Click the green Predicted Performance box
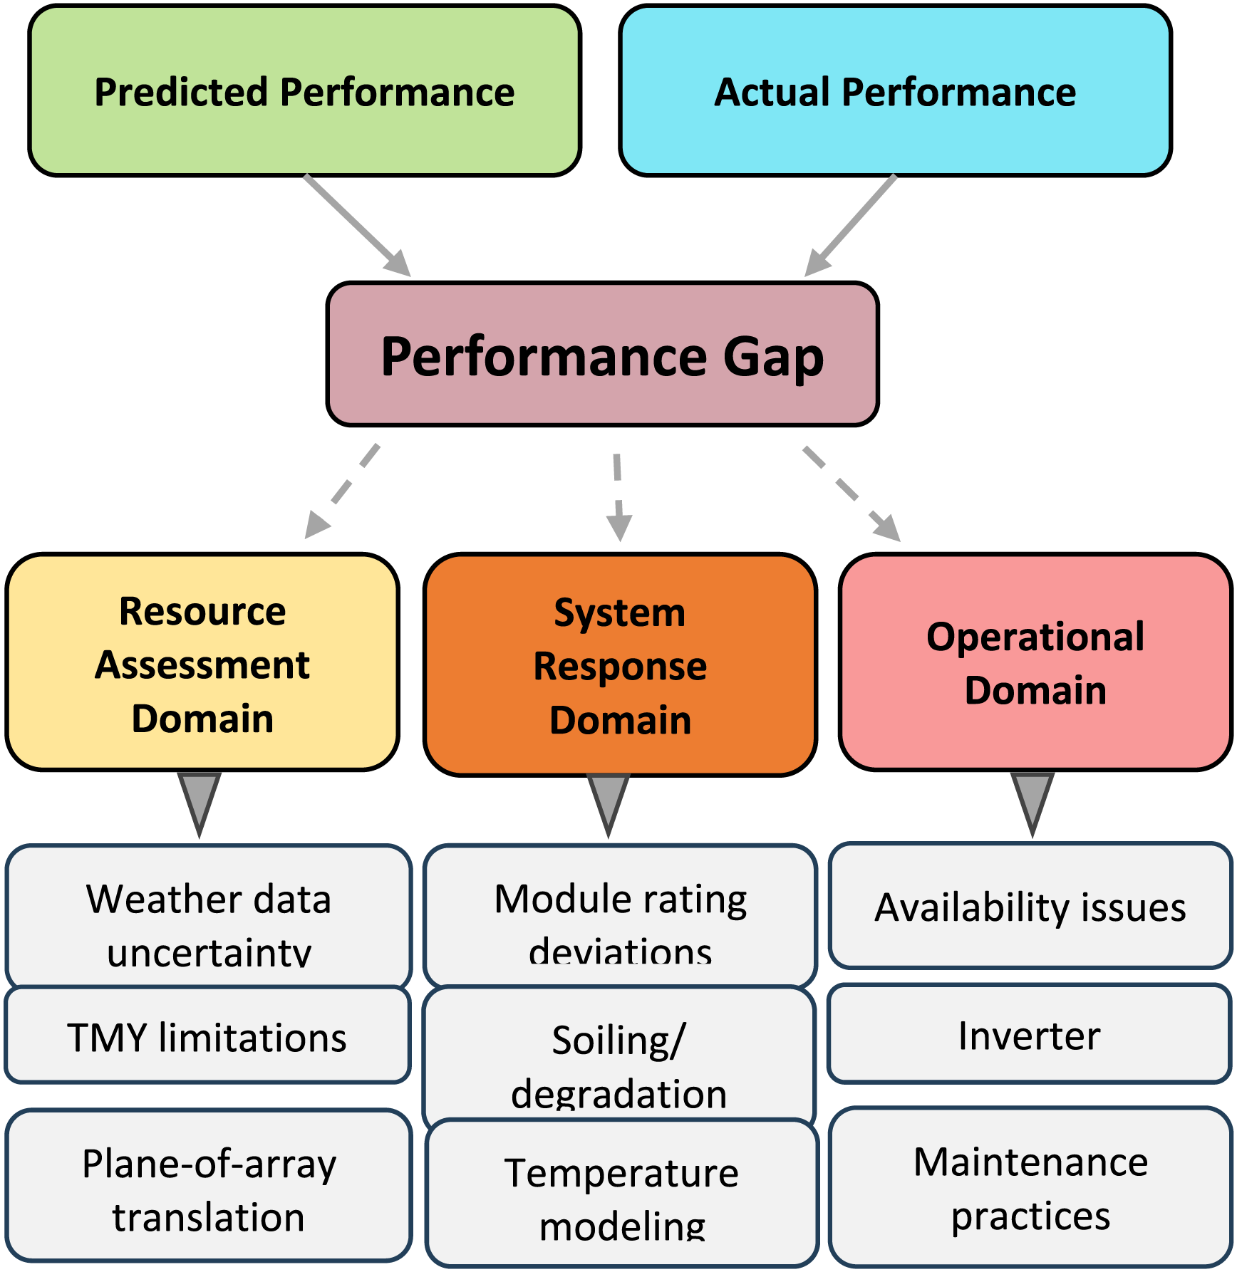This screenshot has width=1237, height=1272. click(x=304, y=91)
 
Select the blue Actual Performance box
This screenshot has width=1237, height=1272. click(x=895, y=91)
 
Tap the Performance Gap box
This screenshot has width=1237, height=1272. click(x=602, y=355)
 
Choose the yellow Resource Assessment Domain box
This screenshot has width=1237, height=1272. click(x=202, y=662)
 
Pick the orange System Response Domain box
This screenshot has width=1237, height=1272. click(x=620, y=664)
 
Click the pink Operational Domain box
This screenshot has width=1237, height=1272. click(x=1035, y=662)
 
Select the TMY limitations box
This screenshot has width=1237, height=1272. click(x=207, y=1036)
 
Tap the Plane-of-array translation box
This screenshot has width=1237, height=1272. click(x=208, y=1186)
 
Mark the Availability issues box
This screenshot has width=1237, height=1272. click(x=1030, y=907)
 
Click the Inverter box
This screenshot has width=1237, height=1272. click(x=1029, y=1035)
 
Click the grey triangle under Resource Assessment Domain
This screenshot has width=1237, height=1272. click(x=200, y=801)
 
